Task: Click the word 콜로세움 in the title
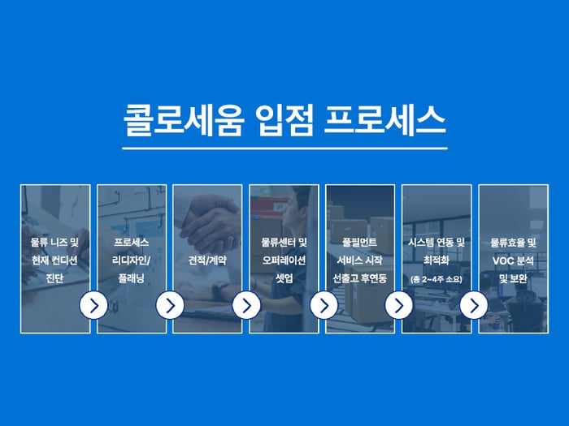(x=183, y=121)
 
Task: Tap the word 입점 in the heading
(x=284, y=121)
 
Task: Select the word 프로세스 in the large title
(x=384, y=121)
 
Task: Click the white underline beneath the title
(x=284, y=148)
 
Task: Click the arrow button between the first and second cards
(x=93, y=305)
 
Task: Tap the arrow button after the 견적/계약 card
(x=246, y=305)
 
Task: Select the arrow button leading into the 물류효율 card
(x=474, y=305)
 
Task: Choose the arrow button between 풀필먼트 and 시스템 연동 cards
(x=399, y=305)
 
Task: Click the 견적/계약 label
(x=207, y=260)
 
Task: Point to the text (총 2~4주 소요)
(x=437, y=279)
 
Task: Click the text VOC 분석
(x=513, y=260)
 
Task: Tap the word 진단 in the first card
(x=54, y=278)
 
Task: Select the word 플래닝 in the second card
(x=132, y=278)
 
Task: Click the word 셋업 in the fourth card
(x=284, y=278)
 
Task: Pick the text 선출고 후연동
(x=360, y=278)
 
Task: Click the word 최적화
(x=437, y=260)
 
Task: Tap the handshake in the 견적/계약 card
(x=210, y=225)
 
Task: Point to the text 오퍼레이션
(x=284, y=260)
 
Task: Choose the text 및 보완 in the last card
(x=513, y=278)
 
